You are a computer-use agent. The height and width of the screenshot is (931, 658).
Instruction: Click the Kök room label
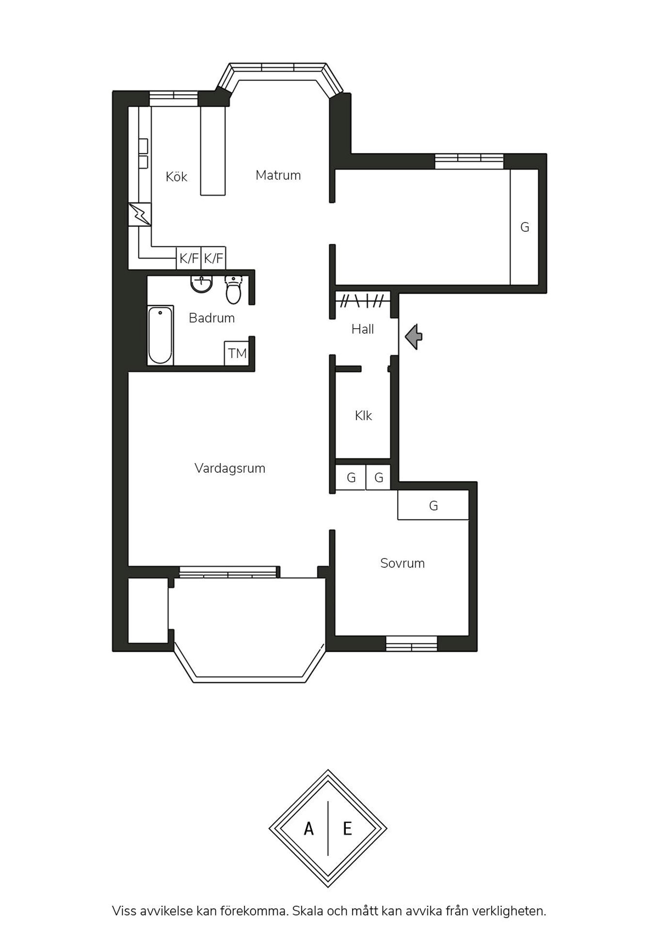[x=177, y=177]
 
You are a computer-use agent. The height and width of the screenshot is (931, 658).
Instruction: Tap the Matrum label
[x=278, y=175]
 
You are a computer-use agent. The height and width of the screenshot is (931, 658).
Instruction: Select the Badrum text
[x=212, y=318]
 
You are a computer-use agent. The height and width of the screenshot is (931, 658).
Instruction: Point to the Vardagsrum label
[x=230, y=468]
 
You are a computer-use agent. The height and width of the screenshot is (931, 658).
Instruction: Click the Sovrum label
[x=402, y=563]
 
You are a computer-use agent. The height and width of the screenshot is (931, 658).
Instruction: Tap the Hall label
[x=363, y=329]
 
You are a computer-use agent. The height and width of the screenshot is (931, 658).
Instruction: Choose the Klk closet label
[x=363, y=416]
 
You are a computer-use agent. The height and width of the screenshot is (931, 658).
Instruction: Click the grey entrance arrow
[x=414, y=337]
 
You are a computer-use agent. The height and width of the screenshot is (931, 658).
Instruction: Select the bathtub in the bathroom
[x=160, y=335]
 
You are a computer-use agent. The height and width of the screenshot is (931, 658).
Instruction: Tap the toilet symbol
[x=233, y=290]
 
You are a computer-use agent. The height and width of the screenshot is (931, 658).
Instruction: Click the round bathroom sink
[x=201, y=284]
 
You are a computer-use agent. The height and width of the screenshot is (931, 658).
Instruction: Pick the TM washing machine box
[x=237, y=353]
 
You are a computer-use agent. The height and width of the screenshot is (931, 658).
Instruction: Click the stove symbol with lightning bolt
[x=140, y=214]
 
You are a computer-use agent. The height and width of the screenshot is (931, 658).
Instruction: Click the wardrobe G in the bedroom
[x=433, y=505]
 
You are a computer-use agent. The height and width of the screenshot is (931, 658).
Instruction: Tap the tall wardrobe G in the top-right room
[x=524, y=227]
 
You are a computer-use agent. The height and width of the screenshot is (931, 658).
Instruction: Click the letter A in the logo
[x=309, y=829]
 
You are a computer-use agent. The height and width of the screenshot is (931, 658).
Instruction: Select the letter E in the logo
[x=347, y=829]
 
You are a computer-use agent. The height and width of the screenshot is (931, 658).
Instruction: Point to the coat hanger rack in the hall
[x=363, y=301]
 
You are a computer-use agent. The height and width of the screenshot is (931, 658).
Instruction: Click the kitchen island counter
[x=213, y=151]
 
